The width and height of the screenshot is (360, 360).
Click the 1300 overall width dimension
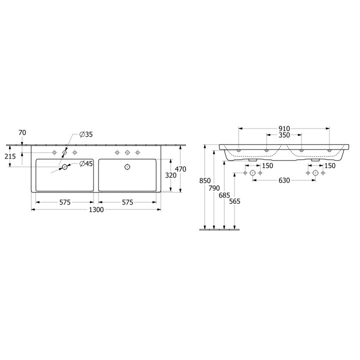96,210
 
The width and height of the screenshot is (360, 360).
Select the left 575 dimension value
64,202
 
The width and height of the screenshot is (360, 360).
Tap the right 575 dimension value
127,202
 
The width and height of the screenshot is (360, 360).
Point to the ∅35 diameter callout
86,134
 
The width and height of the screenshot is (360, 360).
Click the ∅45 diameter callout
86,163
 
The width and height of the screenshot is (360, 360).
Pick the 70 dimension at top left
22,132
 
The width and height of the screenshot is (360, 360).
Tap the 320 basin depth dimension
171,175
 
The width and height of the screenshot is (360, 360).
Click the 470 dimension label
180,169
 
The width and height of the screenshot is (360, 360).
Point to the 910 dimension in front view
283,128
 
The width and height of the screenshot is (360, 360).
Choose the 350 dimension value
283,135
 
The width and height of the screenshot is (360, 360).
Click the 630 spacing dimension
283,180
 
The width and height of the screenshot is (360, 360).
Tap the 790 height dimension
214,188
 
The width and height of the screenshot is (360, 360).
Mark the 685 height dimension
224,195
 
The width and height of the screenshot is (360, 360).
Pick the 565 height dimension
234,202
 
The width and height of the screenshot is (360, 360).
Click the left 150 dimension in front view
267,166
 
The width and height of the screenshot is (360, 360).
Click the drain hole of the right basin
127,167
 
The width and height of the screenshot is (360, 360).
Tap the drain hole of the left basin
64,167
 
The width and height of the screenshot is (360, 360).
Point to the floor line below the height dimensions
220,230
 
